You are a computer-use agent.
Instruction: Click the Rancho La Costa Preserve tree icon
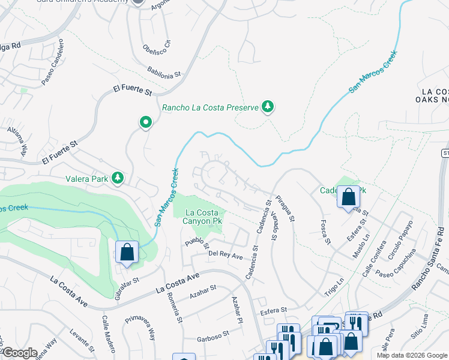[x=268, y=108]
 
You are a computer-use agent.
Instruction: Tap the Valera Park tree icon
[x=118, y=178]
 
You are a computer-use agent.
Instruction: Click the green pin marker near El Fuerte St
[x=145, y=123]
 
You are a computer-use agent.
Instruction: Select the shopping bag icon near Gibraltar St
[x=127, y=252]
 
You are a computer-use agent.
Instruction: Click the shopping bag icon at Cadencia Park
[x=348, y=196]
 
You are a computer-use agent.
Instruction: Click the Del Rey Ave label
[x=225, y=256]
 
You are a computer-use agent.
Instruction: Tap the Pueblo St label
[x=197, y=244]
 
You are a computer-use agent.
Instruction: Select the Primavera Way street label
[x=139, y=328]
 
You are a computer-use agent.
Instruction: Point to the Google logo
[x=19, y=353]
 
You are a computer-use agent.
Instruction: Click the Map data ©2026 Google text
[x=411, y=355]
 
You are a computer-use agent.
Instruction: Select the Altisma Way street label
[x=17, y=141]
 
